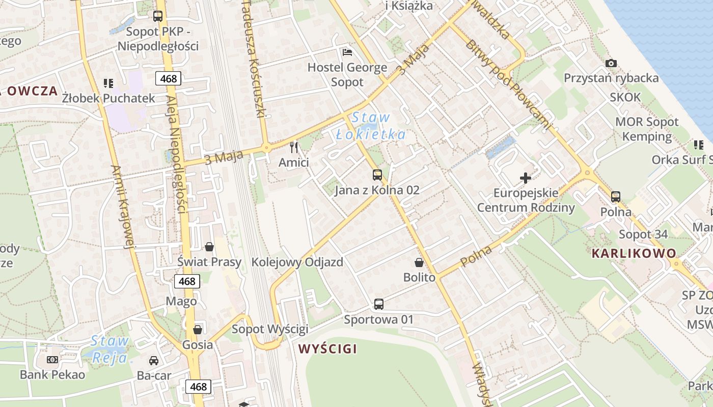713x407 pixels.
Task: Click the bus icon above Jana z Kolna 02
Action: (377, 175)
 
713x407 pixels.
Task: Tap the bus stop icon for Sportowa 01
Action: (378, 304)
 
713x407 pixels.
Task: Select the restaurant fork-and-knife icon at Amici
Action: (294, 148)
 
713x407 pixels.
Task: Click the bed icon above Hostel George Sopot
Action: (347, 52)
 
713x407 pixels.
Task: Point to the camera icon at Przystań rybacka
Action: (611, 63)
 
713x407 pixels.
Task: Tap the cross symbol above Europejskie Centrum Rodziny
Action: (525, 178)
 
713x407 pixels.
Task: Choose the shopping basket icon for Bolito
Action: (419, 263)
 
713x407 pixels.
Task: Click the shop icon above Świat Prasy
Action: (209, 247)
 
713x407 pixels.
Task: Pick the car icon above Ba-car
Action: (153, 360)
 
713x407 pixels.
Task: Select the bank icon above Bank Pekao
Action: (52, 360)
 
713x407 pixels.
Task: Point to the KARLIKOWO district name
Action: (634, 253)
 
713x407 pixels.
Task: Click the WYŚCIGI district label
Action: (327, 349)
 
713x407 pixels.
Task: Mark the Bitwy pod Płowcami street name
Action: (508, 83)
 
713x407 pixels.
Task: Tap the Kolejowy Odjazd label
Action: (297, 262)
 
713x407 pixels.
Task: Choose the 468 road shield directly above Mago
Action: (187, 281)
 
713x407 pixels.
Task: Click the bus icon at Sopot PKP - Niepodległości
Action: (158, 16)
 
